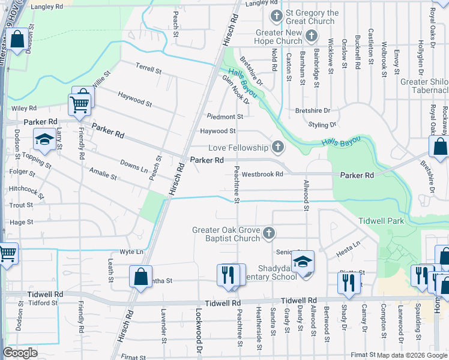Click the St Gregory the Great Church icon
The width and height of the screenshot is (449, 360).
tap(277, 16)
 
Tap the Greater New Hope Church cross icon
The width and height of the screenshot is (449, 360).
tap(311, 37)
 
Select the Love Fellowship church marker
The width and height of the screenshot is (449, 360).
tap(277, 146)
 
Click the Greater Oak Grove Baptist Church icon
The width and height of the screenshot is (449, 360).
tap(270, 232)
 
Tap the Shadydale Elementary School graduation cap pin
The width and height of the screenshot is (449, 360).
tap(303, 262)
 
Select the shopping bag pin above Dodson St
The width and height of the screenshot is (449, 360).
tap(17, 40)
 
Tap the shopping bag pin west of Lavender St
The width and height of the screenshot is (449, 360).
tap(140, 277)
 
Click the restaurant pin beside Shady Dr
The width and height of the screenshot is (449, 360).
tap(349, 282)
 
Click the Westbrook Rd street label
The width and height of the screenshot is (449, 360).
tap(262, 175)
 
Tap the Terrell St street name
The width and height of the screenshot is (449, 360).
tap(148, 70)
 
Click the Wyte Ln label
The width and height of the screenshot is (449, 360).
tap(131, 251)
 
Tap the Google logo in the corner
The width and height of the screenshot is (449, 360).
tap(20, 353)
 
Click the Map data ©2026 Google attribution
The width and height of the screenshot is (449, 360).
tap(412, 355)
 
